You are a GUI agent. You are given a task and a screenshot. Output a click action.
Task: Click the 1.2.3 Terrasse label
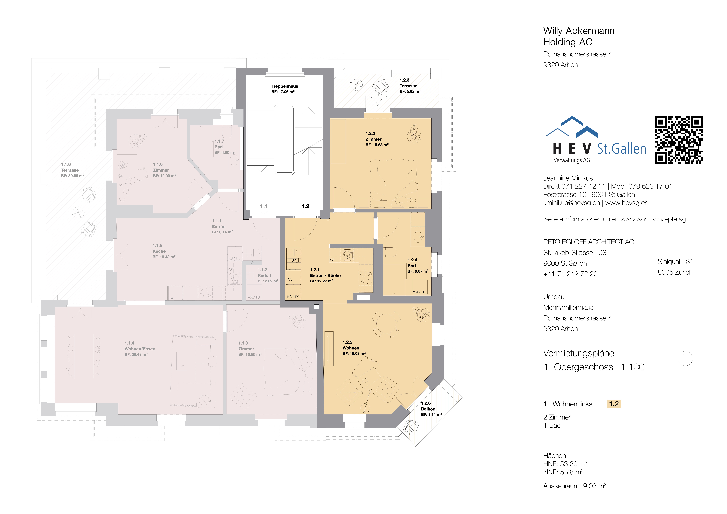click(409, 85)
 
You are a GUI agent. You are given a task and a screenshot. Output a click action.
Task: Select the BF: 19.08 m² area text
click(354, 353)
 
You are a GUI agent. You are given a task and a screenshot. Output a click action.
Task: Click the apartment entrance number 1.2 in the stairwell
click(305, 206)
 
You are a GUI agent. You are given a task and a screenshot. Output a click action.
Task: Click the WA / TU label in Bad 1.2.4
click(419, 292)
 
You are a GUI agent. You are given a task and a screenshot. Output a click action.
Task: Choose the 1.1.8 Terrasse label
click(72, 170)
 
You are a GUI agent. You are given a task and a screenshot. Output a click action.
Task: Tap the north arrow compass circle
click(685, 358)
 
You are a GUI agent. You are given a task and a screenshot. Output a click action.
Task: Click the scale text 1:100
click(632, 367)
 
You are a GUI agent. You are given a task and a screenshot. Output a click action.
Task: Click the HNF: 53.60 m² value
click(565, 464)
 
